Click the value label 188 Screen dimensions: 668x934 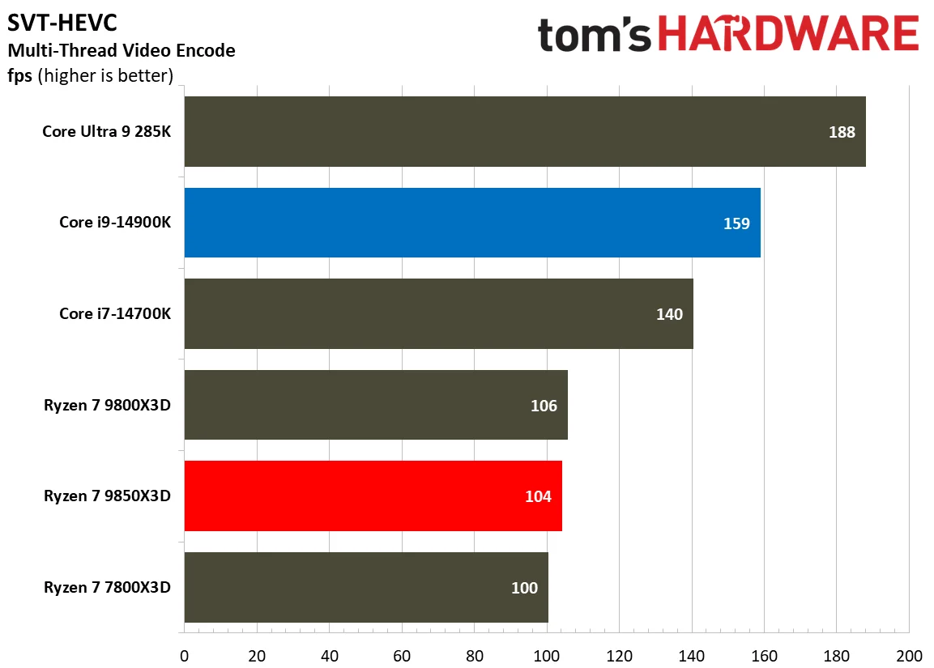tap(842, 132)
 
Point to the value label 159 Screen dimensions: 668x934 tap(736, 223)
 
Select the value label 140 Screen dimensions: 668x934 tap(669, 314)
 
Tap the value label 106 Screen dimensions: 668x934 tap(544, 406)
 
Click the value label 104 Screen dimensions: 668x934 tap(538, 496)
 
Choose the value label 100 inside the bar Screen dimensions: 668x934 tap(524, 588)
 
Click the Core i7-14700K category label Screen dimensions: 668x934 tap(114, 314)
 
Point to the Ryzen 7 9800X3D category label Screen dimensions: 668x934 tap(107, 406)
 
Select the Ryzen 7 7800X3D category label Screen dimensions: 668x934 tap(107, 588)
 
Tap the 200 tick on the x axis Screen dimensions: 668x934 tap(909, 654)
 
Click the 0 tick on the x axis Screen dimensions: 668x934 tap(185, 654)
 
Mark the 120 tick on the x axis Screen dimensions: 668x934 tap(619, 654)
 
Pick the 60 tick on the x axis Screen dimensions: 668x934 tap(402, 654)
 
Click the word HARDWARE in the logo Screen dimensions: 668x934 tap(790, 36)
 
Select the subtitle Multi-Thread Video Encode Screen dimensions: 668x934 tap(122, 51)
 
